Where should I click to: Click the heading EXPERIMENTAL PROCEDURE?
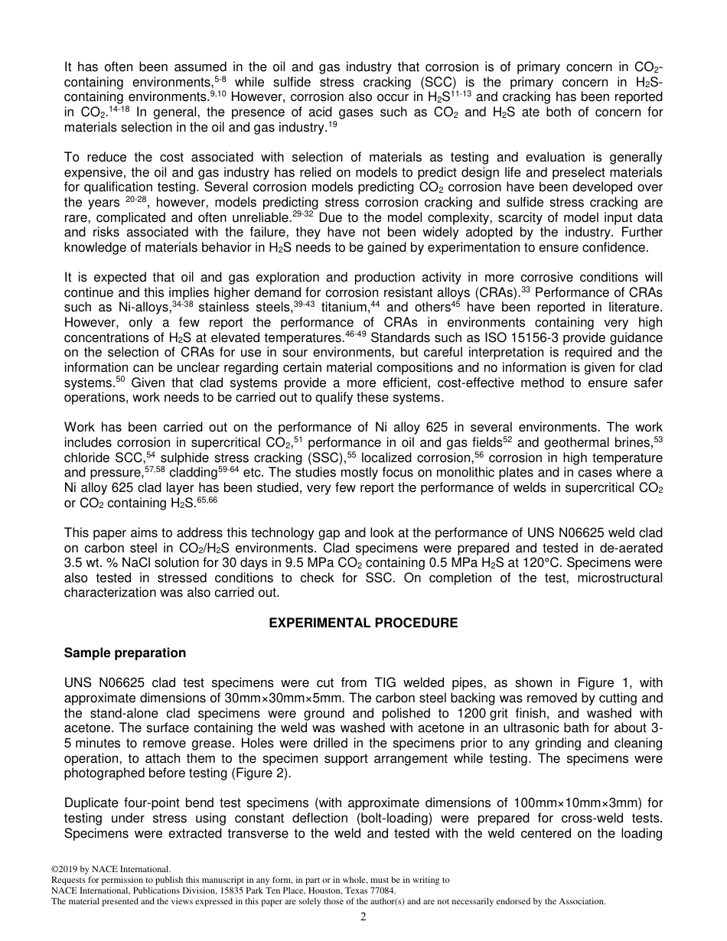[x=363, y=623]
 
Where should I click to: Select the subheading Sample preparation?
[x=125, y=653]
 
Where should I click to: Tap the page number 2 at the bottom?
[x=363, y=917]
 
